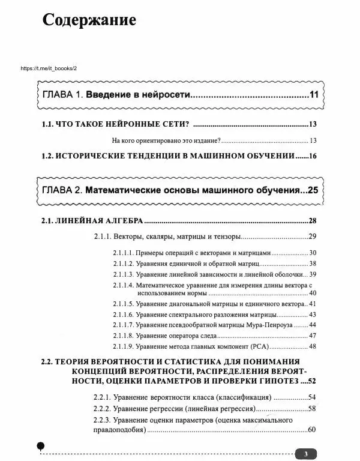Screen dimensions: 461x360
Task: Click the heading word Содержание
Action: pos(89,20)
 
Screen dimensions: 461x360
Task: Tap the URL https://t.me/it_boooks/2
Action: pos(49,68)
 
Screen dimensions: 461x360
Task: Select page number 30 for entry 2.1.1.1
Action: pos(312,253)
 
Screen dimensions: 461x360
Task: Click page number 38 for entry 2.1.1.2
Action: pos(312,264)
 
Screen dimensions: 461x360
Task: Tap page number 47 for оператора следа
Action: pos(312,336)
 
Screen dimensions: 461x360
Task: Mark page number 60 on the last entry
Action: pos(311,430)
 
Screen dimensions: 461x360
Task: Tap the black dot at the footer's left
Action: pos(40,446)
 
